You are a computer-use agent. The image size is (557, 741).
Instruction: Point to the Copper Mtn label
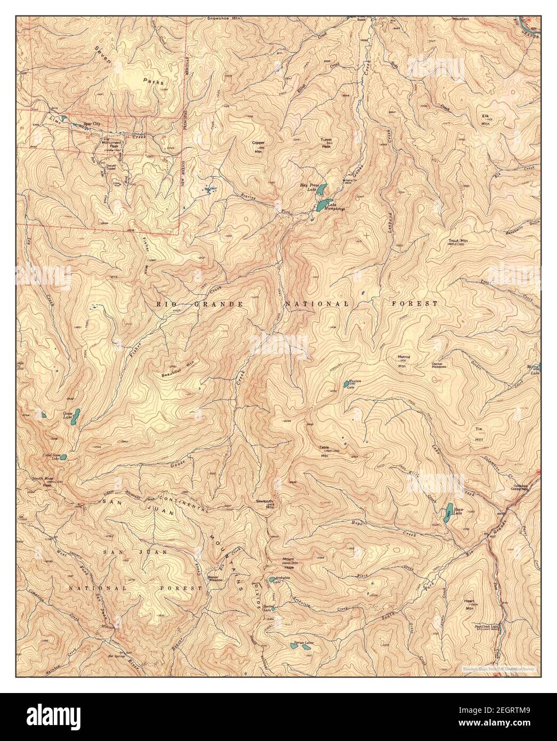pyautogui.click(x=259, y=147)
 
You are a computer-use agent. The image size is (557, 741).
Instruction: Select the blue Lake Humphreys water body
pyautogui.click(x=322, y=205)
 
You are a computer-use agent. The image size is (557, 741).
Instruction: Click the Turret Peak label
pyautogui.click(x=326, y=143)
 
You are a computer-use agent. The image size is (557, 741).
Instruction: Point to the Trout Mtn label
pyautogui.click(x=458, y=241)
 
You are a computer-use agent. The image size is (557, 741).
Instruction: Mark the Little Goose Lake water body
pyautogui.click(x=63, y=457)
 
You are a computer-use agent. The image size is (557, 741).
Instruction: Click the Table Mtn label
pyautogui.click(x=324, y=452)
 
